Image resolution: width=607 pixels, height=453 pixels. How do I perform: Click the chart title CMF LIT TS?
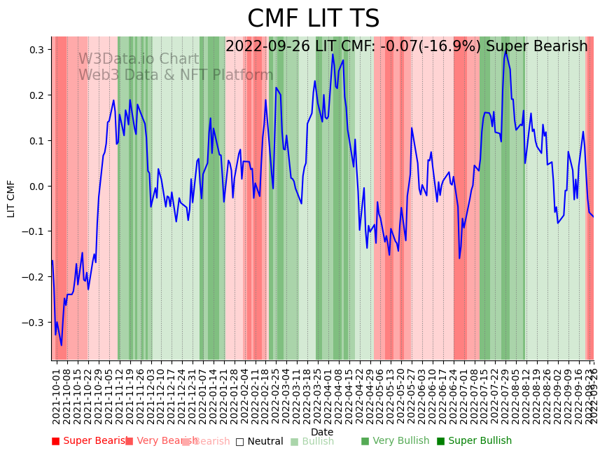click(313, 19)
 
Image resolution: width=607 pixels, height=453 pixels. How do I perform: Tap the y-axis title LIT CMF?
click(11, 198)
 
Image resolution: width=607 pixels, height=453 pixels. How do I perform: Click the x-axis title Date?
click(322, 432)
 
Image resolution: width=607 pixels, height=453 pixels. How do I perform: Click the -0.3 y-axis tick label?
click(34, 322)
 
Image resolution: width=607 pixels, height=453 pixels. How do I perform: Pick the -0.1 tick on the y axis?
click(34, 231)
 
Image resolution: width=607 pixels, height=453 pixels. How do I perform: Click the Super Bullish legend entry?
click(474, 441)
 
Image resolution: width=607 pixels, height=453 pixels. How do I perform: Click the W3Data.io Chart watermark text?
click(139, 59)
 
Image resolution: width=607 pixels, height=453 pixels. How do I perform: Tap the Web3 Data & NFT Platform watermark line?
click(176, 75)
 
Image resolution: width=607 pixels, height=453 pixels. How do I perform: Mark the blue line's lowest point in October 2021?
click(61, 345)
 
